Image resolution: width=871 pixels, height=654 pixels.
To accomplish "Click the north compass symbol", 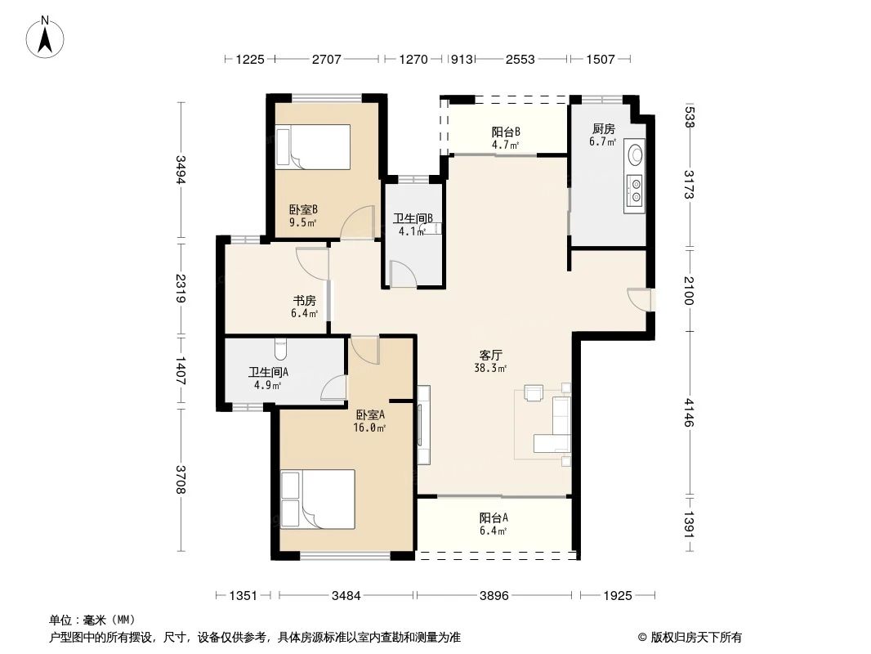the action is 45,38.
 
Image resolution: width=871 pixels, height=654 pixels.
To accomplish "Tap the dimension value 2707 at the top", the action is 327,59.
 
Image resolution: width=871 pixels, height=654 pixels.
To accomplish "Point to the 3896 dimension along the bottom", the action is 494,596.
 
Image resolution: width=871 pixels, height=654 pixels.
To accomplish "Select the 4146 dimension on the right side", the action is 689,412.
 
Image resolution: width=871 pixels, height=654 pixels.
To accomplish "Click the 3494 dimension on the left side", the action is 181,169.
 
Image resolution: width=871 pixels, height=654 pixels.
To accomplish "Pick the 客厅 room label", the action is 491,355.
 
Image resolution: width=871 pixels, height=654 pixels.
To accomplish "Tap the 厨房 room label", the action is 603,129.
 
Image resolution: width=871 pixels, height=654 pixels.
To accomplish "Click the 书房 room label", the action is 305,301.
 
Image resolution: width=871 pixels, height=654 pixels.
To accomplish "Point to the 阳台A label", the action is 494,517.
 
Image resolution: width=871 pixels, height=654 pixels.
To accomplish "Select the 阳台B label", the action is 506,132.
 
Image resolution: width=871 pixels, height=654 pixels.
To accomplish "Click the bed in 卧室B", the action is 313,146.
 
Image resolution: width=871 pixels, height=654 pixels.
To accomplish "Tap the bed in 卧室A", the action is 318,499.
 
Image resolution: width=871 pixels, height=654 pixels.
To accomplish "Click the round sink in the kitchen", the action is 634,154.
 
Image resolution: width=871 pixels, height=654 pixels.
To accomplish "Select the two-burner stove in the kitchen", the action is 634,190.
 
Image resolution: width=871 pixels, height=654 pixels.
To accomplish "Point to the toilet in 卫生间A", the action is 281,349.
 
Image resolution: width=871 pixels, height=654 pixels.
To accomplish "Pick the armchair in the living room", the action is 534,393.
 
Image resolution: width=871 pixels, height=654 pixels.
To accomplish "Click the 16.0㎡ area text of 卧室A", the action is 370,428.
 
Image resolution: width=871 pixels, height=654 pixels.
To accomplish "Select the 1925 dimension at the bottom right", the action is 617,596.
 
